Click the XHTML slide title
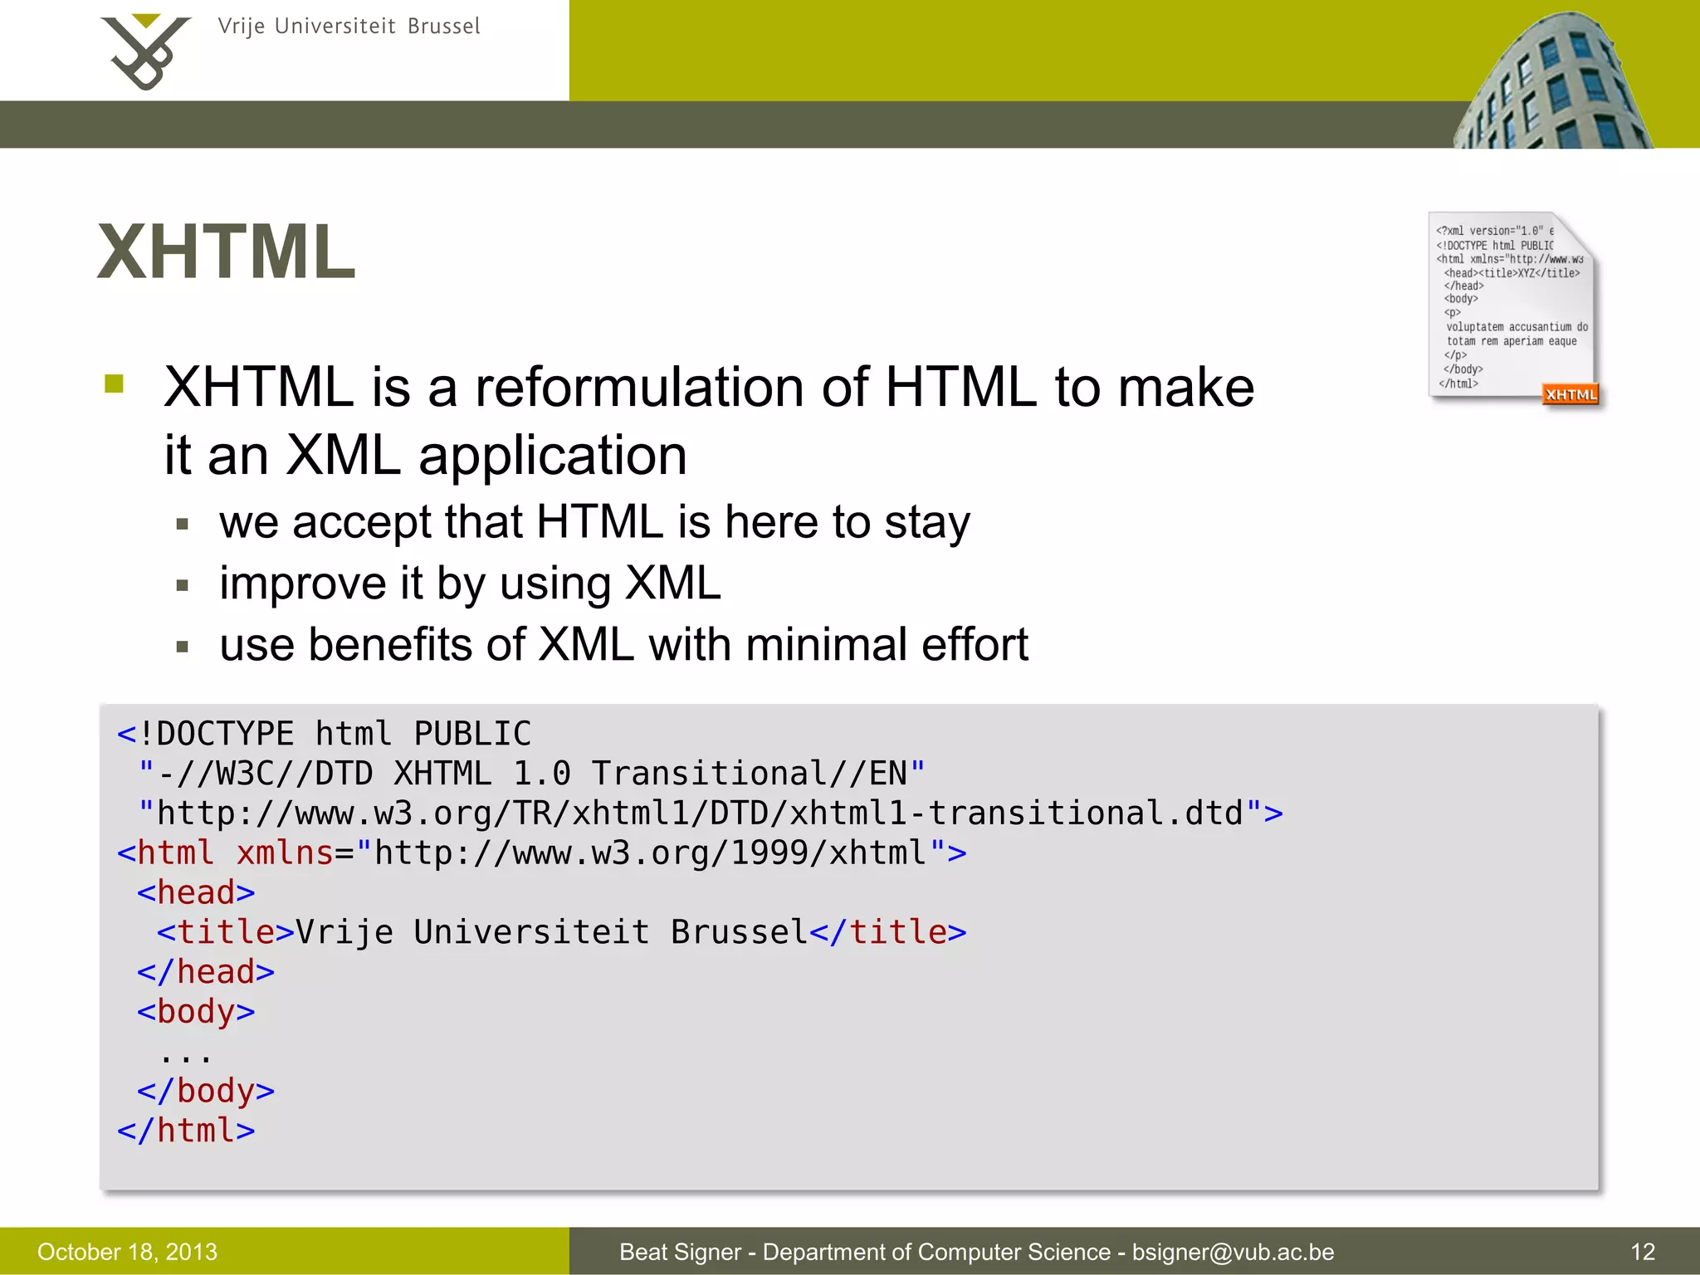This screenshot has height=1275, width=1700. (x=227, y=252)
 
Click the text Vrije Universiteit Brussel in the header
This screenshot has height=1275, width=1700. (x=349, y=27)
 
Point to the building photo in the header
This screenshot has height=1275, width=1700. (x=1552, y=83)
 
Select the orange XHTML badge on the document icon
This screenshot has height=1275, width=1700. (x=1571, y=395)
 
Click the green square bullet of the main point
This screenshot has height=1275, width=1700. (x=114, y=383)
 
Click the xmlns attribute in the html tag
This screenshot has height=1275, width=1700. (x=285, y=853)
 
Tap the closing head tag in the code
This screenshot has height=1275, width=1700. (x=206, y=972)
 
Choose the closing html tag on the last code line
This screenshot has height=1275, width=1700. (x=186, y=1131)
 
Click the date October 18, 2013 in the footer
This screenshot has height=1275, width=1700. (x=127, y=1252)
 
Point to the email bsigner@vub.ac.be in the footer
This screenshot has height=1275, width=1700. (x=1233, y=1252)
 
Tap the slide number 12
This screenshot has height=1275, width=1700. (x=1643, y=1252)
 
